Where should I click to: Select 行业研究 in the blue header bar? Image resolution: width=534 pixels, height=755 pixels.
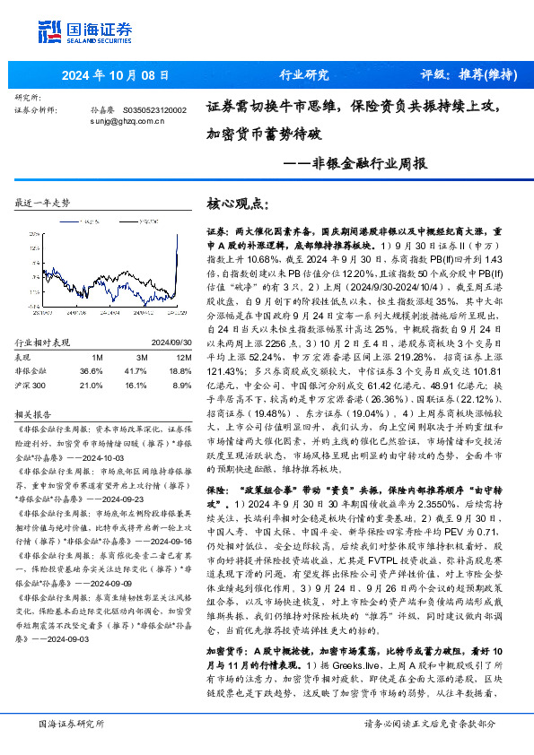pos(304,75)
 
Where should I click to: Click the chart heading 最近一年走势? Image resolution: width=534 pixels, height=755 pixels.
pos(43,204)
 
